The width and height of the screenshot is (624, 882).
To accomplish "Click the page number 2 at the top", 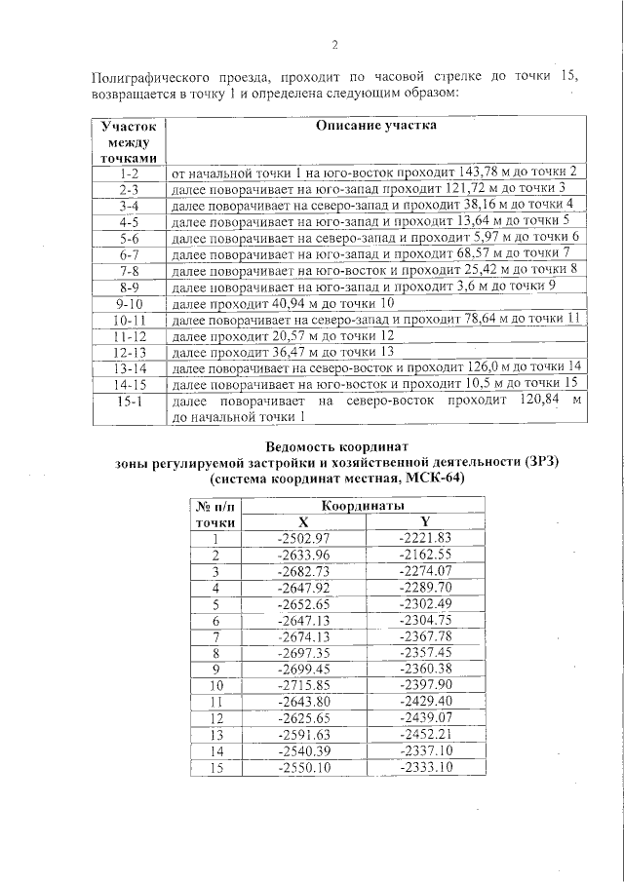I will click(334, 44).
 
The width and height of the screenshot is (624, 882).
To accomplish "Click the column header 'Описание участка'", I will click(376, 126).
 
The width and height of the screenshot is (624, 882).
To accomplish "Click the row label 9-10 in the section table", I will click(129, 304).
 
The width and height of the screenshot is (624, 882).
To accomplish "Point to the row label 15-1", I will click(129, 402).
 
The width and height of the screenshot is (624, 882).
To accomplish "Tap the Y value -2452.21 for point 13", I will click(425, 734).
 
